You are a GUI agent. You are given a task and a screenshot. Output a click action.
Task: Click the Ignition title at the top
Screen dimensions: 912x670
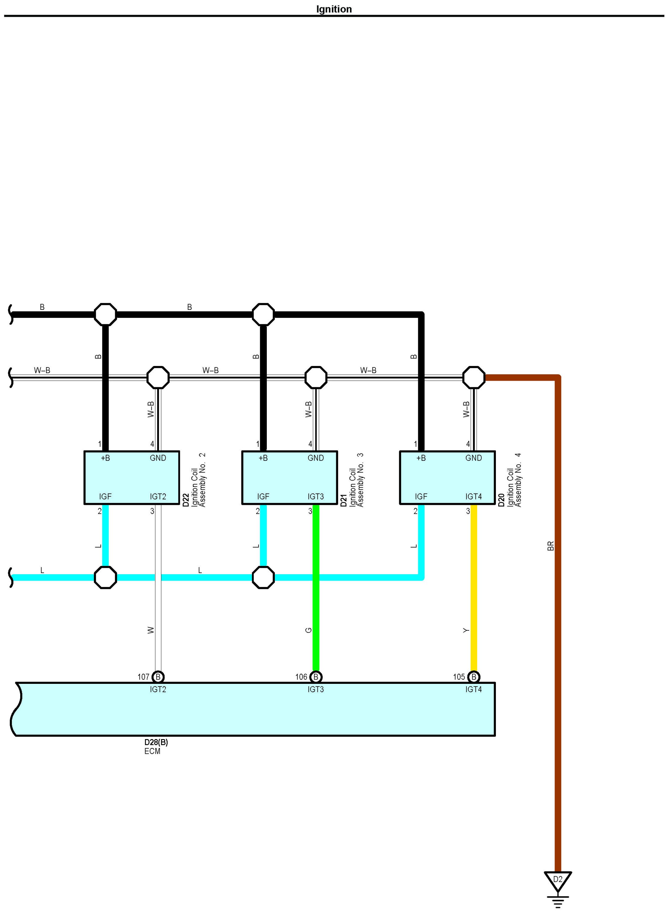334,9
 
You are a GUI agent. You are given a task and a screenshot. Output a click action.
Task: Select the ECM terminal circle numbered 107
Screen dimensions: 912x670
158,677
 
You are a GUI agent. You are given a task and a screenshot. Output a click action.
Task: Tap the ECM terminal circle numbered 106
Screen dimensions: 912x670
316,677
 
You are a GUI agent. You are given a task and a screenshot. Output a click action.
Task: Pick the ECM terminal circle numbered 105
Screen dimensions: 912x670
474,677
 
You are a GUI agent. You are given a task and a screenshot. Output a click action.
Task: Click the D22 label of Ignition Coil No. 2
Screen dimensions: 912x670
186,500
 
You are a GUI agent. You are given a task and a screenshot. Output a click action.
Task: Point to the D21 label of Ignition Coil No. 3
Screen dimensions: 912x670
344,500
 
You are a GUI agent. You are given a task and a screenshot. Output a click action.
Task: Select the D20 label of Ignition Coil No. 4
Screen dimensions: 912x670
501,500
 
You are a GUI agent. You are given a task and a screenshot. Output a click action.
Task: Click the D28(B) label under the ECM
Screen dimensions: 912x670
156,742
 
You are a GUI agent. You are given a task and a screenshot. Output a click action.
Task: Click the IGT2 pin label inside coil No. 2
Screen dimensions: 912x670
158,496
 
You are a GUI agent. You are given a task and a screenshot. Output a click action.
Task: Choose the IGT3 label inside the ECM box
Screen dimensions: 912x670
316,689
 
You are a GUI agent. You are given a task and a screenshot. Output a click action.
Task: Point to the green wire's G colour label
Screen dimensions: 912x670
309,630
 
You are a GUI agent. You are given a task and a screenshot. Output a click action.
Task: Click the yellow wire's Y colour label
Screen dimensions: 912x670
466,630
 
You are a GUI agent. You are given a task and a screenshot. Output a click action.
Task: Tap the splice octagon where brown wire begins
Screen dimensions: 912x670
474,377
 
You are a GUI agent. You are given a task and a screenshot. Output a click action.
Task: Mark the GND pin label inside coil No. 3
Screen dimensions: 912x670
316,458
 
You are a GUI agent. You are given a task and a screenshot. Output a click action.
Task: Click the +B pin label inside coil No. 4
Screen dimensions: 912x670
421,458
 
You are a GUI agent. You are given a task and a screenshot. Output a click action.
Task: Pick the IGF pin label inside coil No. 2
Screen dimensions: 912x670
105,496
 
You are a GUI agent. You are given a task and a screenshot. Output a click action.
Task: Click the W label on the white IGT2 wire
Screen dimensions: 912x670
151,630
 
